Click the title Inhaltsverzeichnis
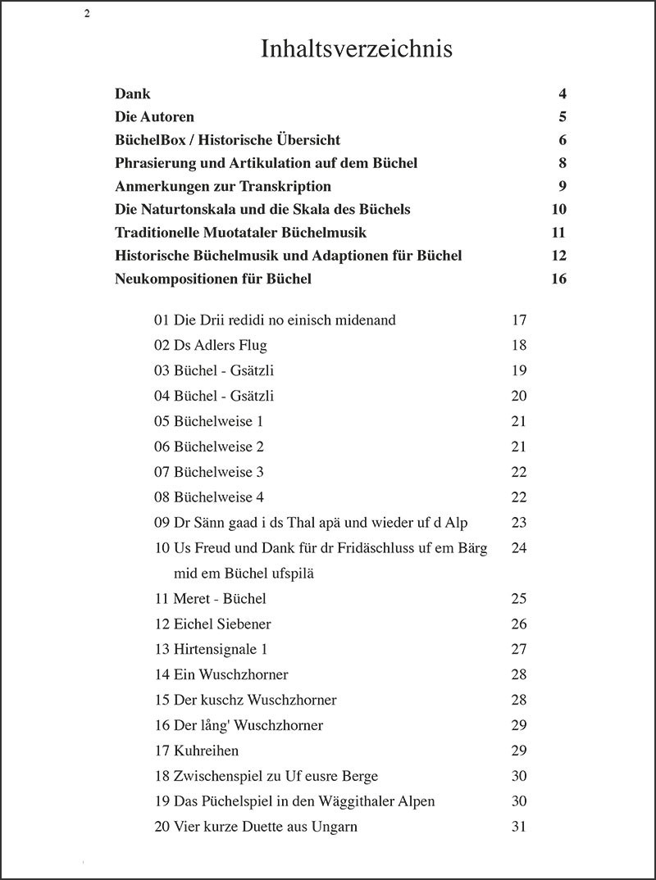coord(357,49)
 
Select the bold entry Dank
coord(133,94)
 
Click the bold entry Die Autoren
coord(155,117)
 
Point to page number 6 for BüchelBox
coord(563,140)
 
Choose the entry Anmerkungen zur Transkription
coord(223,186)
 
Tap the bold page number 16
coord(559,279)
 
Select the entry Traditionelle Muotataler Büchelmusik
coord(240,233)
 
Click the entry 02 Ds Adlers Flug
coord(210,345)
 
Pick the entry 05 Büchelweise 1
coord(208,421)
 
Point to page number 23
coord(518,523)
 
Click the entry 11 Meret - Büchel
coord(210,599)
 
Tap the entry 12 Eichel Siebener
coord(212,624)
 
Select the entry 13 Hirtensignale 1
coord(211,650)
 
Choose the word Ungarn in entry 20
coord(335,827)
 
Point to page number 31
coord(518,827)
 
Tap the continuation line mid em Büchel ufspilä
coord(244,574)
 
